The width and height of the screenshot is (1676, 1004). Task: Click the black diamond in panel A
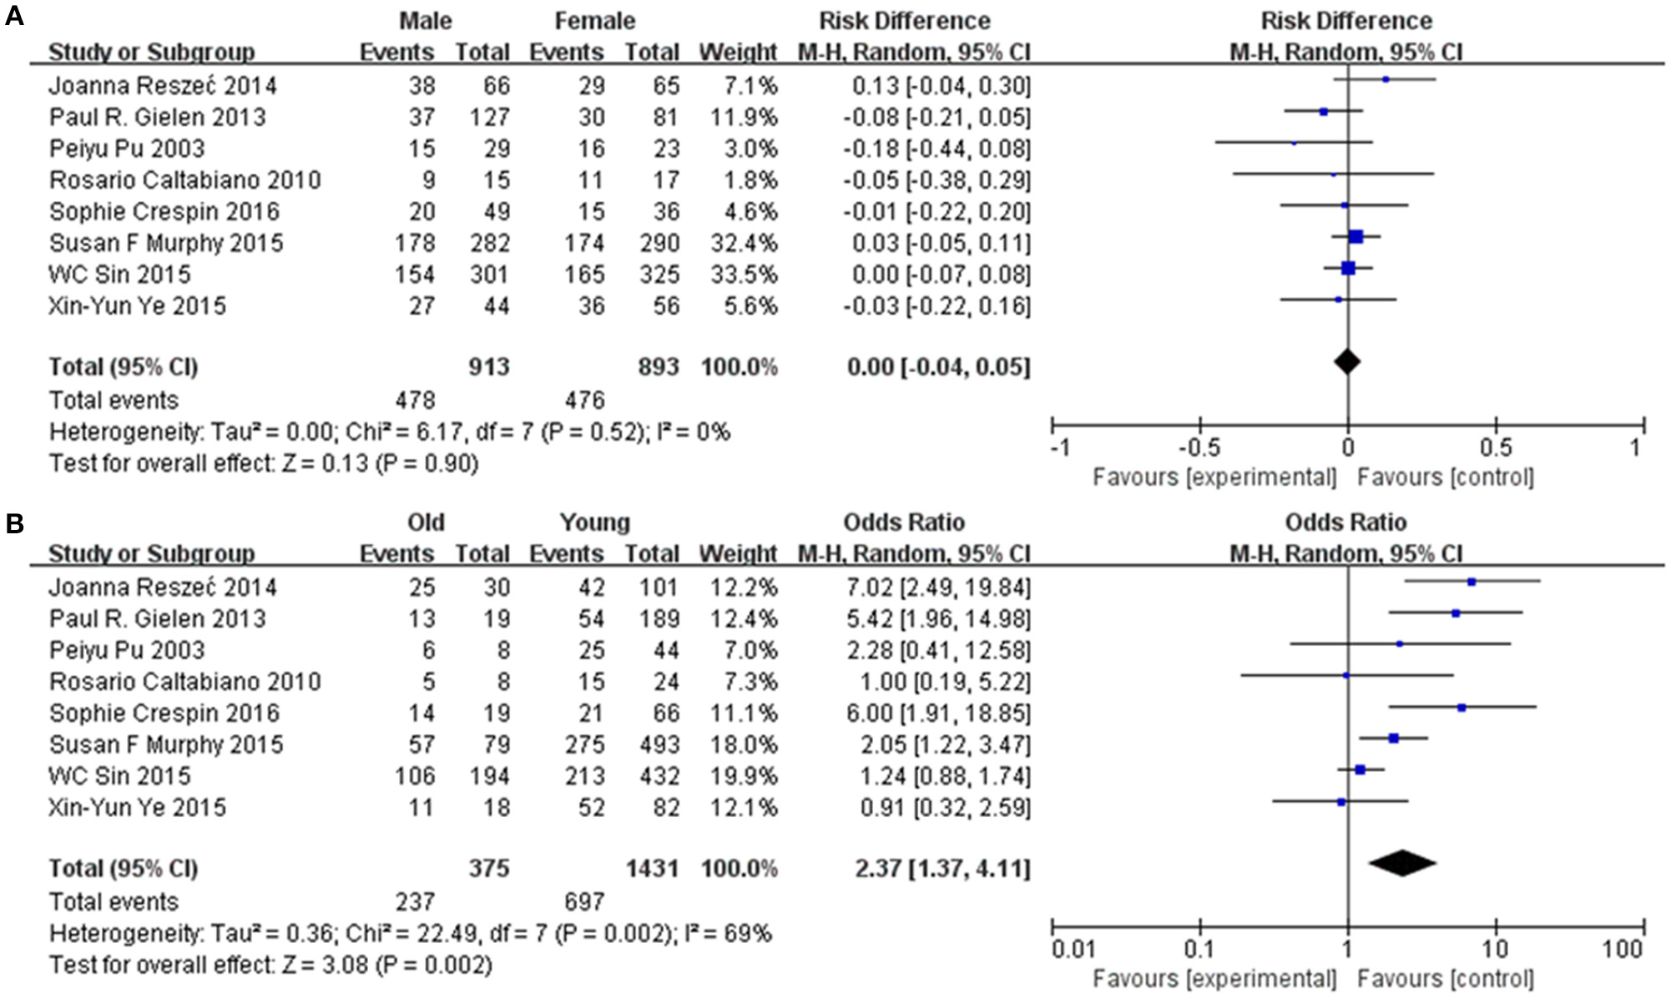[x=1347, y=361]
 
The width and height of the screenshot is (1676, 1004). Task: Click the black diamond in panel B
[x=1402, y=863]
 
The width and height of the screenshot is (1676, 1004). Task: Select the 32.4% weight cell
[x=739, y=243]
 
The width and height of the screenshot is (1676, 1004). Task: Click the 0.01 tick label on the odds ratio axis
[x=1073, y=949]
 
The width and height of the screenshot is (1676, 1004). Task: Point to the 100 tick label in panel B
[x=1623, y=949]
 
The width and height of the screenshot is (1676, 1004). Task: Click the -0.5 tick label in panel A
[x=1199, y=448]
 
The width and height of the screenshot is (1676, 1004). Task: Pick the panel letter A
[x=14, y=16]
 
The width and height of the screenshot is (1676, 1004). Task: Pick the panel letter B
[x=14, y=523]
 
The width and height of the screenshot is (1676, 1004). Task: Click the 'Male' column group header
[x=426, y=21]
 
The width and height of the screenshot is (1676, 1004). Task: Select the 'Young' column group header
[x=594, y=522]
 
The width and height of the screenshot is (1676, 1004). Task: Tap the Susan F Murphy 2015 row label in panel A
[x=166, y=243]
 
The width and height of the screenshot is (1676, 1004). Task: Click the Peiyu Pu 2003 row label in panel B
[x=127, y=650]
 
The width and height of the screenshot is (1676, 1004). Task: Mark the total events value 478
[x=415, y=401]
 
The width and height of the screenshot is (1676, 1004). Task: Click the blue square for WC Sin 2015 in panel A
[x=1348, y=268]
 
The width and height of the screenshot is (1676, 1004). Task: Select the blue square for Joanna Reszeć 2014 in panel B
[x=1472, y=582]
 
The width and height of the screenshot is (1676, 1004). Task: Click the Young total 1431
[x=652, y=869]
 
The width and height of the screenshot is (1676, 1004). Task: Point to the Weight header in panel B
[x=738, y=553]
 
